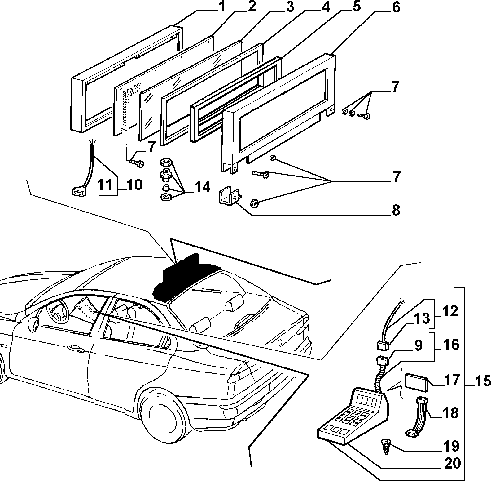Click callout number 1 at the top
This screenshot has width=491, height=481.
pyautogui.click(x=222, y=7)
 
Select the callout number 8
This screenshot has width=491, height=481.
pyautogui.click(x=396, y=210)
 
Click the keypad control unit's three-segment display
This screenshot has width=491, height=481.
pyautogui.click(x=366, y=399)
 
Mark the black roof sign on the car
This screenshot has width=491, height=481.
pyautogui.click(x=184, y=278)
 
